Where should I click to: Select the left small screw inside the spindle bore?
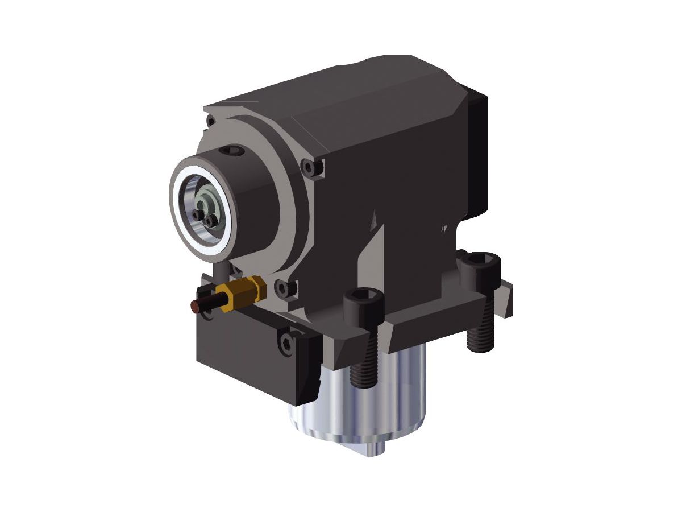click(x=197, y=215)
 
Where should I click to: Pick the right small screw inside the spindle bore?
click(x=210, y=220)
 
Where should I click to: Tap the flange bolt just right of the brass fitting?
click(x=284, y=288)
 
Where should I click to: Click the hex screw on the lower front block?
click(x=285, y=341)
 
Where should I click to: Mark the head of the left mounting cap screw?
click(x=361, y=302)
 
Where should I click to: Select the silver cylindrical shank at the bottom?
click(x=364, y=404)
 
